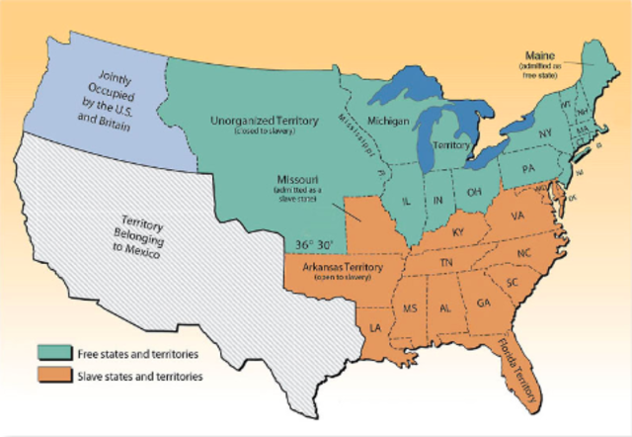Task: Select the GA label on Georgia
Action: pos(483,302)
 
